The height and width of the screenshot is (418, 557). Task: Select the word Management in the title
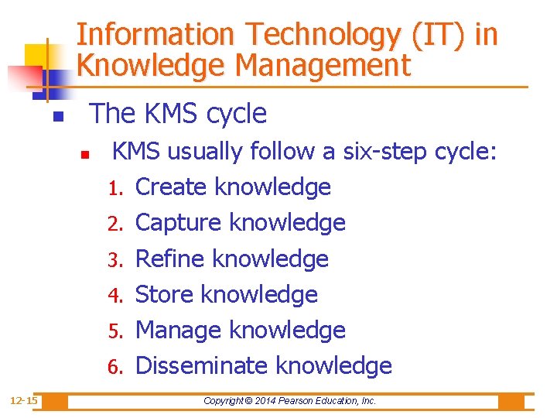[x=323, y=66]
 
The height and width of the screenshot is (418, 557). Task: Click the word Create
[x=171, y=187]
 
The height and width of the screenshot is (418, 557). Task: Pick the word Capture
[x=179, y=223]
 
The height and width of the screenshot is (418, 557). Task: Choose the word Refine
[x=170, y=259]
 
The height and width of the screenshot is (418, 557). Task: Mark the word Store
[x=164, y=295]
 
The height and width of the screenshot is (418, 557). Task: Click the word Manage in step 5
[x=179, y=331]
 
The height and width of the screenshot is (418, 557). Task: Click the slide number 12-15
[x=24, y=400]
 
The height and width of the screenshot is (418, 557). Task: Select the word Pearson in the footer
[x=309, y=401]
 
